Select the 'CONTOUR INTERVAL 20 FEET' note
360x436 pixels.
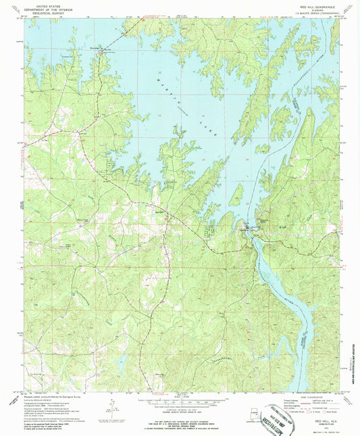[178, 404]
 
